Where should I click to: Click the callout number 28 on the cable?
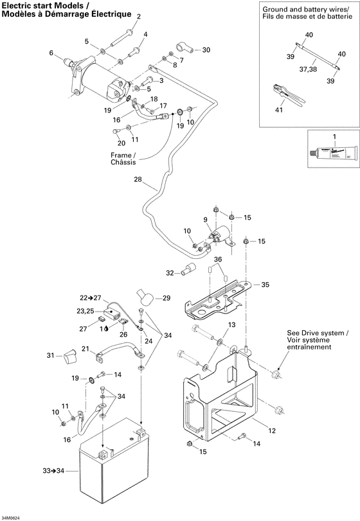137,180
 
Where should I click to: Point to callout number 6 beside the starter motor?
51,53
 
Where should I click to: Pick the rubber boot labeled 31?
71,355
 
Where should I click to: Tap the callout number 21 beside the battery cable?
84,349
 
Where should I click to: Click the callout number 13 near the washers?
232,324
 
